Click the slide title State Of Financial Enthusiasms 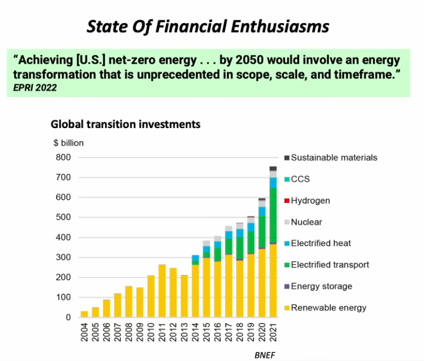tap(208, 26)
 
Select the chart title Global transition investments tap(125, 124)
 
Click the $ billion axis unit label tap(68, 143)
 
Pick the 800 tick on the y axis tap(64, 157)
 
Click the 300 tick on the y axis tap(64, 257)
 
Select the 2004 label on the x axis tap(84, 333)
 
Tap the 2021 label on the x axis tap(273, 333)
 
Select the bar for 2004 tap(84, 314)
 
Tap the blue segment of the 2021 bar tap(273, 182)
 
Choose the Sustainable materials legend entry tap(333, 158)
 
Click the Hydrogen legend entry tap(310, 200)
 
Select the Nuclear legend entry tap(306, 222)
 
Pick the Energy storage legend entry tap(321, 286)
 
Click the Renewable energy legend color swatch tap(287, 308)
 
